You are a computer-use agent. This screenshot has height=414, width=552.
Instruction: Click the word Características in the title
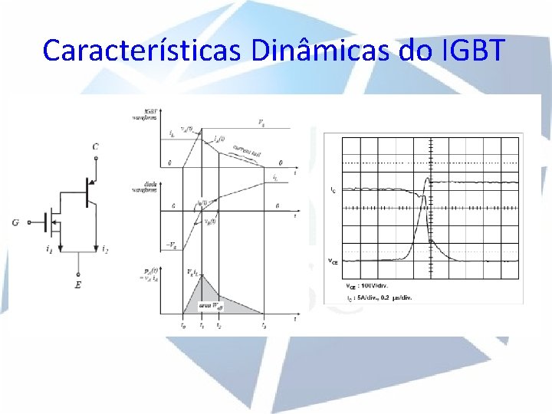[x=143, y=51]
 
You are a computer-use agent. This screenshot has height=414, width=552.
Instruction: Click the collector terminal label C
[x=95, y=146]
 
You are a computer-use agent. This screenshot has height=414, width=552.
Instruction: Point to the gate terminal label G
[x=15, y=223]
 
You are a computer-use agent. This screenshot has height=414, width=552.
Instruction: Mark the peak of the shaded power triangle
[x=201, y=274]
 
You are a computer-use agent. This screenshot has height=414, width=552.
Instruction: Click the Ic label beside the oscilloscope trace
[x=332, y=189]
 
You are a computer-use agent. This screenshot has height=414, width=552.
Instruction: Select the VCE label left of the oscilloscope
[x=333, y=261]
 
